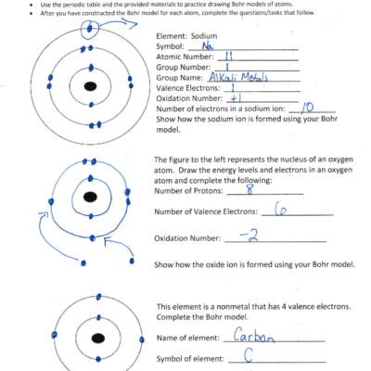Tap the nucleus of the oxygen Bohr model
(x=90, y=198)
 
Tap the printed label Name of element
(x=191, y=338)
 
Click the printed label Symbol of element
(x=195, y=358)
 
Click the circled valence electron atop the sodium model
(x=90, y=27)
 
